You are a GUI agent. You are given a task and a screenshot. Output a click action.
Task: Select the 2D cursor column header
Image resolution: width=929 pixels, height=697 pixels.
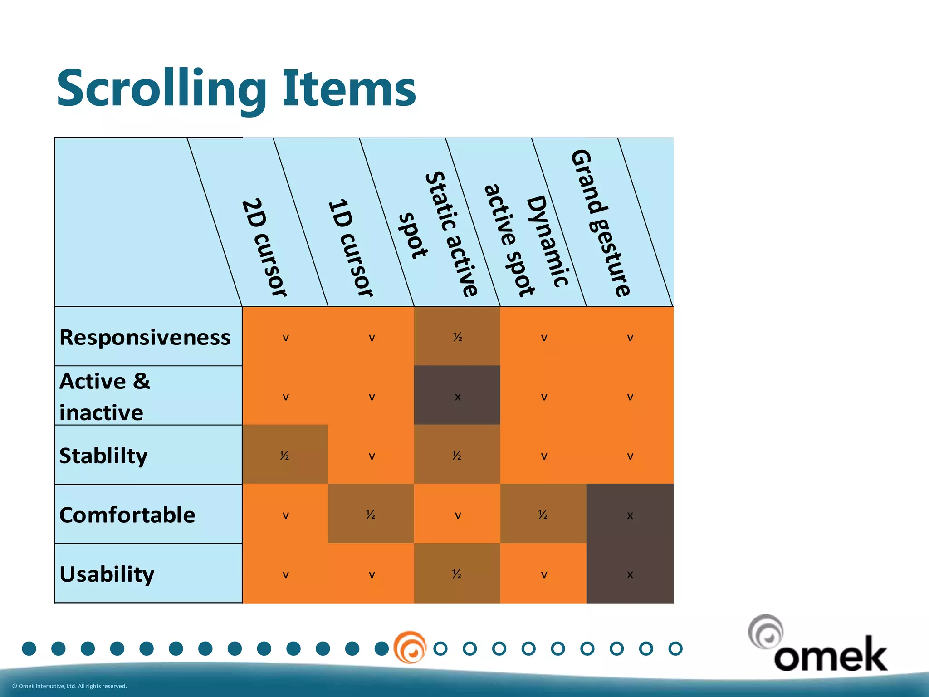(x=263, y=247)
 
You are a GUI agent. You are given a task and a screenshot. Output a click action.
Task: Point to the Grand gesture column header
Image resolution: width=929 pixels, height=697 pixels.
(x=600, y=222)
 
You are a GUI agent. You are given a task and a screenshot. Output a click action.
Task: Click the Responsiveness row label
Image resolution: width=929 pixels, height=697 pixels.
(x=145, y=337)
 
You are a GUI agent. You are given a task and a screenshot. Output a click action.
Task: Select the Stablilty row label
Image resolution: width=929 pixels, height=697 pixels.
(x=103, y=456)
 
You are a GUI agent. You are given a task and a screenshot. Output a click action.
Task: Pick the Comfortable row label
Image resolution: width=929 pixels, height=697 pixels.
(x=127, y=515)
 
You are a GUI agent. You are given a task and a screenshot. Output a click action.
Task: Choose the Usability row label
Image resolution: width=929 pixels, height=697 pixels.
(x=107, y=574)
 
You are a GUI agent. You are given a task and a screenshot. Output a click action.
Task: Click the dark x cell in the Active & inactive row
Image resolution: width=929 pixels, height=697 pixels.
(x=457, y=396)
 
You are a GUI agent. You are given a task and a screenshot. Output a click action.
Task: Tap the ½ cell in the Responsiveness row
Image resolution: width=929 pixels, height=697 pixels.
(x=457, y=337)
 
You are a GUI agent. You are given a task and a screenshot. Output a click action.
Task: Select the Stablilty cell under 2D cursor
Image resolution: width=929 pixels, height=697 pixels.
(x=285, y=455)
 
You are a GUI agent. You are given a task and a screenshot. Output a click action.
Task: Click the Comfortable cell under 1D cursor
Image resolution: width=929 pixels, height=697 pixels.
(x=371, y=514)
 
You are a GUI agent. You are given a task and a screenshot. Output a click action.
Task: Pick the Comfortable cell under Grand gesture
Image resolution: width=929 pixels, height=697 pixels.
(x=630, y=515)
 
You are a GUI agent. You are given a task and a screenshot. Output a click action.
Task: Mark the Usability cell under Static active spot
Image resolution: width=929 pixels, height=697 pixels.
(x=457, y=574)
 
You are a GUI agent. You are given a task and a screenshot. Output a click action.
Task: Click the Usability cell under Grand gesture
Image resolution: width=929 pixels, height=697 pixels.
(x=630, y=574)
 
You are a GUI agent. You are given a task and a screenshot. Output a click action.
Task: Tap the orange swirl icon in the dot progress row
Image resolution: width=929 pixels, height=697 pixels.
(x=410, y=648)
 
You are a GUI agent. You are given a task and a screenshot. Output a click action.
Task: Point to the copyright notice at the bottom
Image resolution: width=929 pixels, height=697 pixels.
(x=69, y=686)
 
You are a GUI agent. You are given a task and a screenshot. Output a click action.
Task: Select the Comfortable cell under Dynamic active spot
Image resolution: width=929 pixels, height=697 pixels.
(x=543, y=514)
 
